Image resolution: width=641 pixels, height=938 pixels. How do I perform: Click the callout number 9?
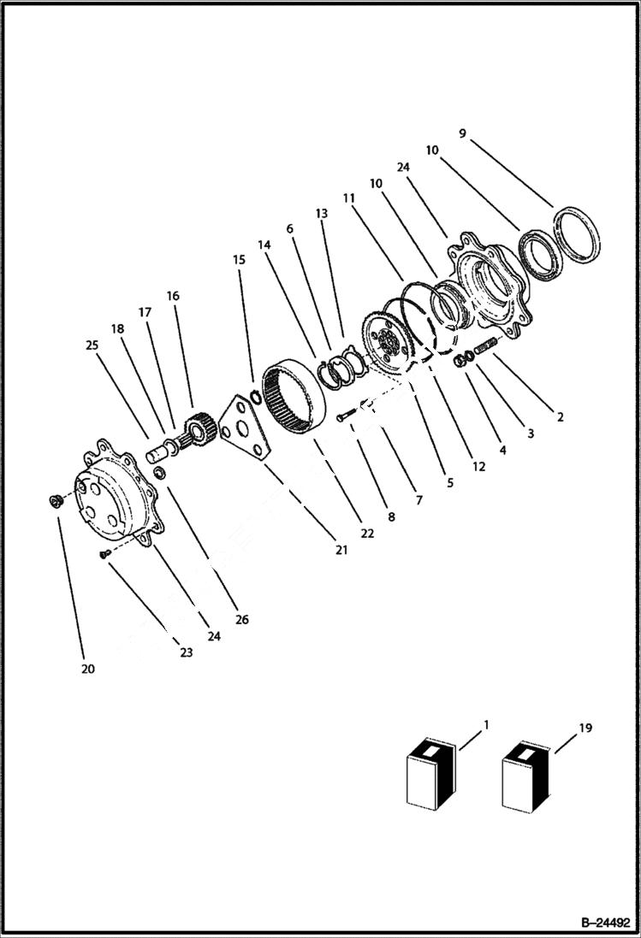[x=462, y=133]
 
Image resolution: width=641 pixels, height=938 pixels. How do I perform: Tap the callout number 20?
[x=88, y=669]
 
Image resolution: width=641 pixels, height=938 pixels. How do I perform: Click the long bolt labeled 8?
[x=344, y=416]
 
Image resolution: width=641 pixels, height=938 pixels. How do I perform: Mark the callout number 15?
[x=239, y=259]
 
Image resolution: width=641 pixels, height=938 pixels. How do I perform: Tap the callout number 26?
[x=242, y=620]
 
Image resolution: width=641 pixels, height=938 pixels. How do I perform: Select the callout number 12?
[x=478, y=467]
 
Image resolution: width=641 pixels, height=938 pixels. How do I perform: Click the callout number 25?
[x=92, y=345]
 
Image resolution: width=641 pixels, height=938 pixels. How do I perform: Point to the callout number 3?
[x=530, y=434]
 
